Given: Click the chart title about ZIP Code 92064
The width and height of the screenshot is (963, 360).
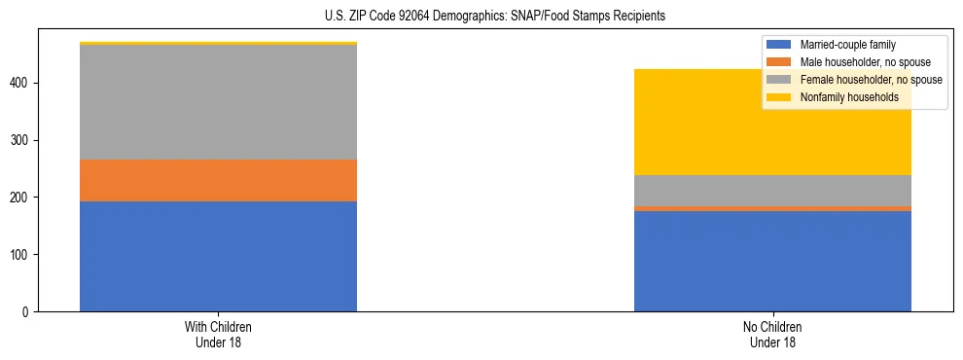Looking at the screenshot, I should point(495,17).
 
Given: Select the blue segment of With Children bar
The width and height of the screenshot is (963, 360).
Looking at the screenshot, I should point(218,256).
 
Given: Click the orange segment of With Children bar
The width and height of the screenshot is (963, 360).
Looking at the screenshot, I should point(218,180).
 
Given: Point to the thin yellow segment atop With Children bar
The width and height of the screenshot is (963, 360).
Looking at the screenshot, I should point(218,44).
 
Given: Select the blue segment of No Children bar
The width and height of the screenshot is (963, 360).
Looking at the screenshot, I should point(772,261).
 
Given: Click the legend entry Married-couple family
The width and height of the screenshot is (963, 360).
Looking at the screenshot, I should point(847,45).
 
